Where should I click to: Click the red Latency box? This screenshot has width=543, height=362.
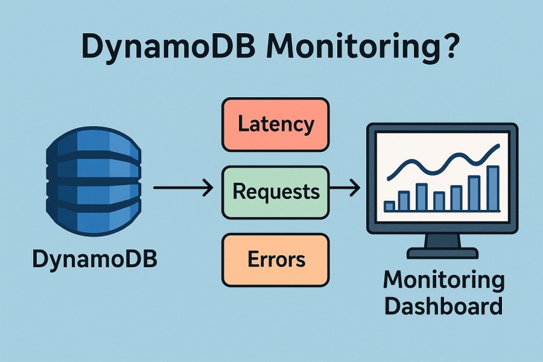[x=275, y=125]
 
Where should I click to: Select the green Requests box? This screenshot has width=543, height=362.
[x=275, y=192]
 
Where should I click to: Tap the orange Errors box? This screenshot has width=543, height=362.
[x=275, y=260]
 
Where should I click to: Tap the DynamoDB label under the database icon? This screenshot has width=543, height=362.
[x=94, y=260]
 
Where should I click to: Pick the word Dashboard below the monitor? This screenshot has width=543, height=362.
[x=443, y=305]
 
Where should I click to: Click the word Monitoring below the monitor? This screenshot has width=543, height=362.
[x=443, y=280]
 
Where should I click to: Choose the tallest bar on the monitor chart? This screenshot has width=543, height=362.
[x=493, y=188]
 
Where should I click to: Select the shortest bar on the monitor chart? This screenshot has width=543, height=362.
[x=389, y=206]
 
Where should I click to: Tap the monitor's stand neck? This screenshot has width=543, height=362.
[x=442, y=240]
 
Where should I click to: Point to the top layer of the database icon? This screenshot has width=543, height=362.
[x=94, y=144]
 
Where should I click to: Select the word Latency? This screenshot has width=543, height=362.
[x=275, y=125]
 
